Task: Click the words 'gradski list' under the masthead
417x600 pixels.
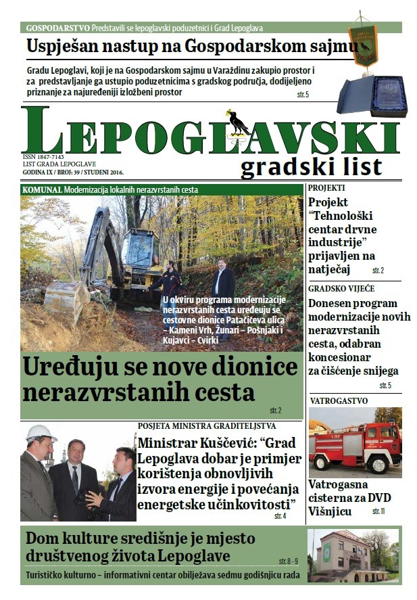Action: point(311,166)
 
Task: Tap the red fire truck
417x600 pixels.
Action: point(354,444)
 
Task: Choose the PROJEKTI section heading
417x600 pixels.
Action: point(327,188)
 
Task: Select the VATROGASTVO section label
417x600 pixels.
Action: point(339,400)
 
